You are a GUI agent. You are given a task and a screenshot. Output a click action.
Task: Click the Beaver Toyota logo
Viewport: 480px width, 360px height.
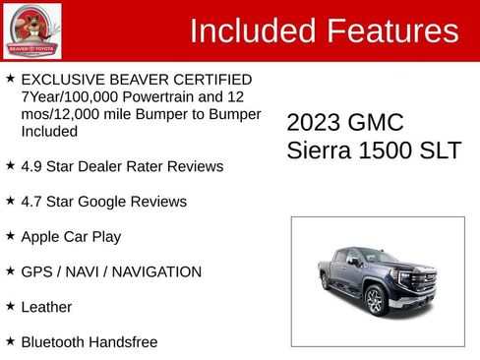(x=31, y=30)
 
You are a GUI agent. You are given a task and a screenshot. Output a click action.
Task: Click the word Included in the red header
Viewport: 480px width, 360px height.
(x=250, y=31)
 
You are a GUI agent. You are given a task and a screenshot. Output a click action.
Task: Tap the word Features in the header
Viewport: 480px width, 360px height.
(x=392, y=31)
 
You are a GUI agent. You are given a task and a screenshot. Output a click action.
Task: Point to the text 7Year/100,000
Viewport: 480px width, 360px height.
(x=69, y=97)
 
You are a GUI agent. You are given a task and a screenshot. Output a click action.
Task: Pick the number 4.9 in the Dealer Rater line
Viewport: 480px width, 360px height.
(x=31, y=167)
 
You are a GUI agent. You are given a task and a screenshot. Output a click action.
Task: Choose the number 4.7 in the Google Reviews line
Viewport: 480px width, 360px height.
(x=31, y=202)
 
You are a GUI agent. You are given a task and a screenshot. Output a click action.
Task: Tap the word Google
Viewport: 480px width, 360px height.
(x=102, y=202)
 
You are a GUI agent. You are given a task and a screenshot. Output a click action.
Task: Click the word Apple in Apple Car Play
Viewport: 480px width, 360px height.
(x=41, y=237)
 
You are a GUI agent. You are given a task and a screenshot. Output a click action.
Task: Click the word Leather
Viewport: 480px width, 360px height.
(x=46, y=307)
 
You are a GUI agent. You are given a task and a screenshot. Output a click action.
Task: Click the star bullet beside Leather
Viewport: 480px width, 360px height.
(x=10, y=306)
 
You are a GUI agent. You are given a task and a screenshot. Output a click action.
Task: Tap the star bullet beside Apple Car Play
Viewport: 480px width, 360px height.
(x=10, y=236)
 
